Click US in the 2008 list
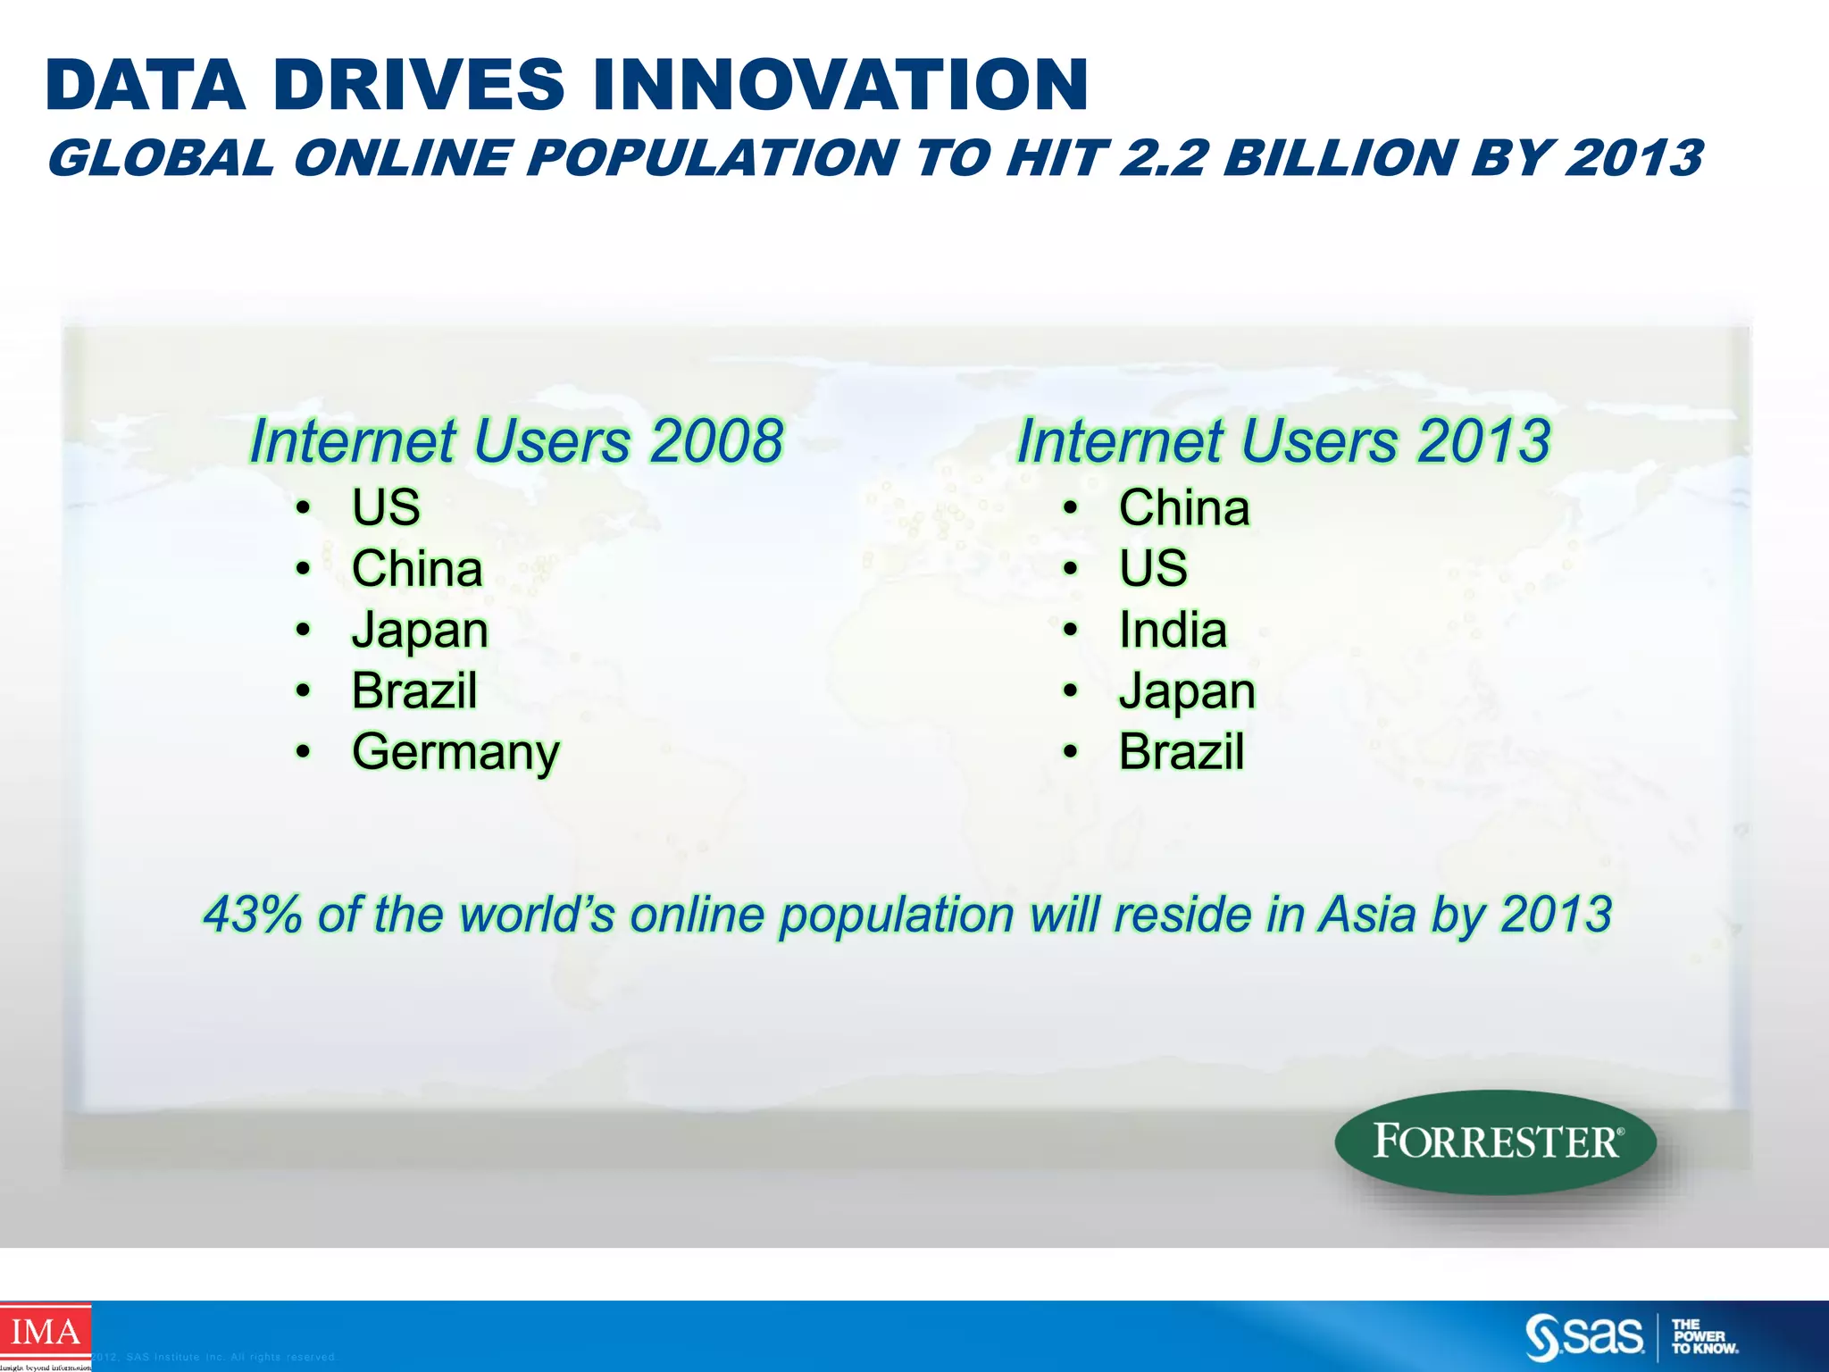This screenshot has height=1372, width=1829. pyautogui.click(x=386, y=507)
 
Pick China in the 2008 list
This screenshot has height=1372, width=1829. pyautogui.click(x=417, y=569)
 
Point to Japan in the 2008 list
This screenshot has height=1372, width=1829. pyautogui.click(x=420, y=631)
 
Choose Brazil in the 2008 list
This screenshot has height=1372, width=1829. pyautogui.click(x=414, y=690)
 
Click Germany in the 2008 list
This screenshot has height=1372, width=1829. pyautogui.click(x=455, y=752)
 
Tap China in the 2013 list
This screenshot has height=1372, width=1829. pyautogui.click(x=1184, y=508)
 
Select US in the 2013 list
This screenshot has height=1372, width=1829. pyautogui.click(x=1153, y=569)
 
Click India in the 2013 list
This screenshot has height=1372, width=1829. pyautogui.click(x=1173, y=630)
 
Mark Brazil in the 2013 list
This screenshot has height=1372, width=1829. pyautogui.click(x=1182, y=752)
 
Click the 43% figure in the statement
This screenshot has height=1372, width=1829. pyautogui.click(x=253, y=915)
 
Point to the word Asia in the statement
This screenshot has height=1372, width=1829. pyautogui.click(x=1367, y=915)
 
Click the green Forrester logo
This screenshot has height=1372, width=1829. pyautogui.click(x=1495, y=1142)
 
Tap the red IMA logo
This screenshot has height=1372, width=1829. pyautogui.click(x=45, y=1334)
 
